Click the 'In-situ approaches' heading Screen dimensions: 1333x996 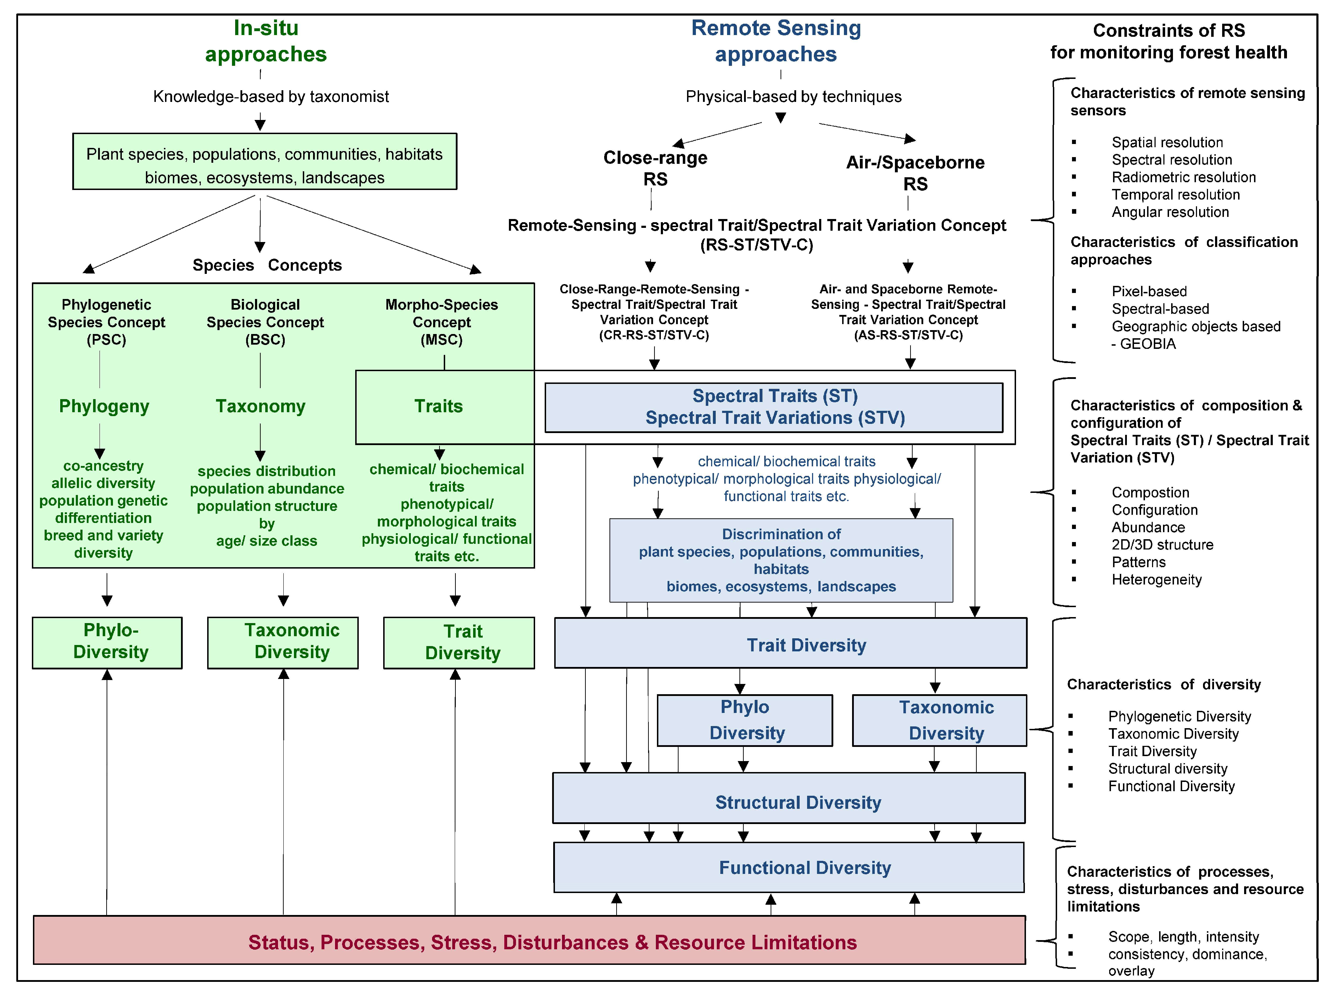[x=266, y=41]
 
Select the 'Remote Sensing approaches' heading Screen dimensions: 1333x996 [x=776, y=41]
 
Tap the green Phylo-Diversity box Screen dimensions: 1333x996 [x=107, y=643]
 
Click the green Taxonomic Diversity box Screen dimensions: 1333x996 [x=283, y=643]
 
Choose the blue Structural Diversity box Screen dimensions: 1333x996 [x=789, y=798]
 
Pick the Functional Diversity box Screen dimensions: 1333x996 [x=789, y=867]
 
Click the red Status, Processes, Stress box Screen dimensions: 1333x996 [x=529, y=940]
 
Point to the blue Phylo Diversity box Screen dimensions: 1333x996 [x=745, y=720]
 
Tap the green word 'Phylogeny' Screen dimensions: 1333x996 [x=104, y=407]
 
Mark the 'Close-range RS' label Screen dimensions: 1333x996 [x=655, y=168]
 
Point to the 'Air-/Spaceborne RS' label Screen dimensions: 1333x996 [x=915, y=173]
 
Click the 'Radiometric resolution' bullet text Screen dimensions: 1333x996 [x=1184, y=177]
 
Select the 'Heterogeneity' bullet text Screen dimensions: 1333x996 [x=1156, y=579]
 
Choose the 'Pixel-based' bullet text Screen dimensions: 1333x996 [x=1149, y=292]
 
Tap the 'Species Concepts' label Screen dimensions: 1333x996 [x=267, y=265]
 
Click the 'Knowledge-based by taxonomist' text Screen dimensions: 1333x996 [x=271, y=96]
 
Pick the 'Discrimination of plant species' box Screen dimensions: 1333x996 [x=781, y=560]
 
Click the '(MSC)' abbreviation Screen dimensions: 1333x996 [x=442, y=340]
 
